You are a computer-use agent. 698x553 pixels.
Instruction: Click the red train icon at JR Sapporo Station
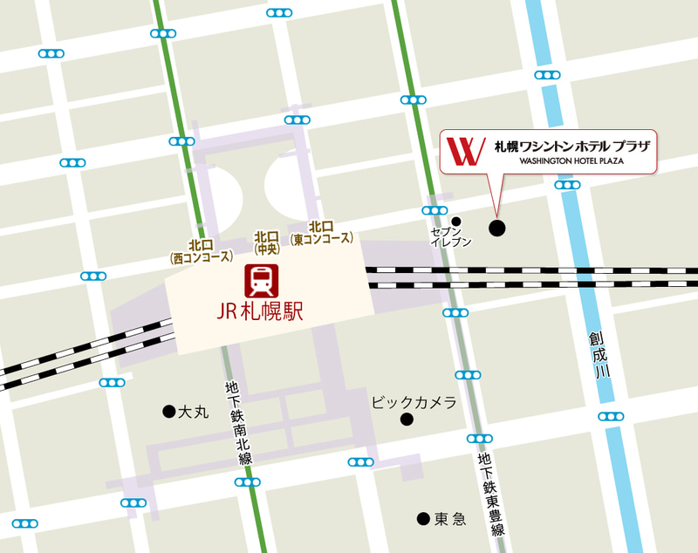[x=259, y=280]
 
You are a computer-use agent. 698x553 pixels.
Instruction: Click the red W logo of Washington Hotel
[x=465, y=150]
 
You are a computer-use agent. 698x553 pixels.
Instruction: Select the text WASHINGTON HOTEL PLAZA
[x=572, y=161]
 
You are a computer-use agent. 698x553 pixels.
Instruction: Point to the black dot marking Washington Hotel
[x=496, y=229]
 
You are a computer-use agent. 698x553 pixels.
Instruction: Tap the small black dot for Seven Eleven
[x=455, y=220]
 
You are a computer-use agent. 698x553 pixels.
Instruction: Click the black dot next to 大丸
[x=168, y=411]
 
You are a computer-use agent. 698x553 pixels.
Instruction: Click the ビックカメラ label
[x=414, y=402]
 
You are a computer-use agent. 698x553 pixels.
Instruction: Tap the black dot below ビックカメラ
[x=407, y=420]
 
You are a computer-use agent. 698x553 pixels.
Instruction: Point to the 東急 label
[x=451, y=519]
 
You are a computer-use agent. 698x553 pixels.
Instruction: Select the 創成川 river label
[x=597, y=353]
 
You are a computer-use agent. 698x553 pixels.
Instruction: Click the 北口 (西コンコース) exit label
[x=202, y=251]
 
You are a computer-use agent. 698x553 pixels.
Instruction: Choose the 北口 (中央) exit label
[x=266, y=242]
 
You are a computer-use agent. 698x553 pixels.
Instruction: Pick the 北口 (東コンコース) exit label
[x=324, y=233]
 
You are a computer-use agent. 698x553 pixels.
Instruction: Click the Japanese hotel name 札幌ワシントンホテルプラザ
[x=571, y=145]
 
